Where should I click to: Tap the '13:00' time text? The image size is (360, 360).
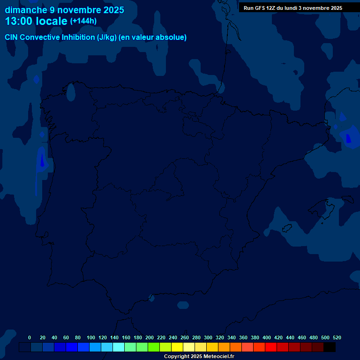[18, 21]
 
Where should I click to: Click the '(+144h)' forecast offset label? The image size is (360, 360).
[83, 21]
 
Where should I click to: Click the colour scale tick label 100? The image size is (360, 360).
[90, 337]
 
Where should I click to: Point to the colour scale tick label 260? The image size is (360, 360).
[184, 337]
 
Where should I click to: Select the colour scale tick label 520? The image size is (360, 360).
[337, 337]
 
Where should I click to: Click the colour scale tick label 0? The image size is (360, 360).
[30, 337]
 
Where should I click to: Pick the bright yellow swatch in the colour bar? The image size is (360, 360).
[177, 347]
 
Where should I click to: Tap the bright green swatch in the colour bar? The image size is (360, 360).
[154, 347]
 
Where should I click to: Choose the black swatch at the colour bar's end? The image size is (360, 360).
[330, 347]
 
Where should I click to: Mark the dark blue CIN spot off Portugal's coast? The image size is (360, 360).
[42, 161]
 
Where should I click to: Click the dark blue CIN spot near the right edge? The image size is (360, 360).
[348, 138]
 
